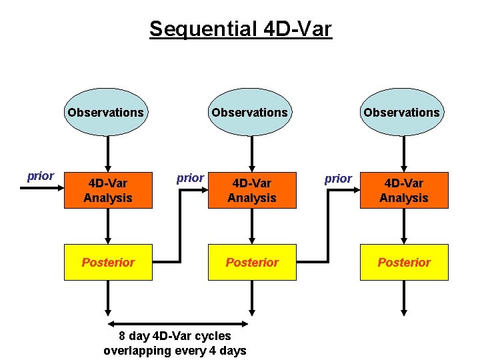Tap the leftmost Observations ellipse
coord(105,112)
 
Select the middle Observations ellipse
coord(250,112)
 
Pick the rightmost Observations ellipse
coord(402,112)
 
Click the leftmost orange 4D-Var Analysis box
coord(108,191)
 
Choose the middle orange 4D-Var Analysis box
coord(252,191)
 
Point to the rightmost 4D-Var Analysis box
coord(404,191)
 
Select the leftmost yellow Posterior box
coord(108,262)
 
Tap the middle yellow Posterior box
coord(252,262)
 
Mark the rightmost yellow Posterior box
coord(404,262)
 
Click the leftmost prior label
coord(40,177)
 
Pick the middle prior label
coord(190,178)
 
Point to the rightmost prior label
coord(338,179)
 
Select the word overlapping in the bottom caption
coord(139,351)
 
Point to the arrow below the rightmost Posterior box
coord(403,297)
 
